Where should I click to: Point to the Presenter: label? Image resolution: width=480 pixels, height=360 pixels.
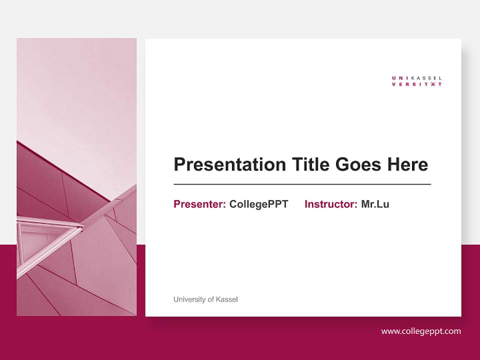tap(199, 204)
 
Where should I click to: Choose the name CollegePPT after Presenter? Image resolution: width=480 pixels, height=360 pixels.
tap(258, 204)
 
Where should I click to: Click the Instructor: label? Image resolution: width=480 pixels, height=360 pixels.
tap(330, 204)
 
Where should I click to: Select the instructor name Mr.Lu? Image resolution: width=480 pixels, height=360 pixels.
tap(375, 204)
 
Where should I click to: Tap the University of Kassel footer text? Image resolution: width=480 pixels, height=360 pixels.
tap(205, 299)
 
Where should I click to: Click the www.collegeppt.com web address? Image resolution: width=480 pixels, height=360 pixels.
tap(421, 331)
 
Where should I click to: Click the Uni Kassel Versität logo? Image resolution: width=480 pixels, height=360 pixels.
tap(417, 81)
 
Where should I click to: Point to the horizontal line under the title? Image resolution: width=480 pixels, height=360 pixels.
tap(302, 184)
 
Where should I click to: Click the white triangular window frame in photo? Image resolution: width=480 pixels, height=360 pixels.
tap(47, 235)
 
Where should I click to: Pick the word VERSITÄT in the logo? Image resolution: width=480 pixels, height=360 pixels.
tap(417, 84)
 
